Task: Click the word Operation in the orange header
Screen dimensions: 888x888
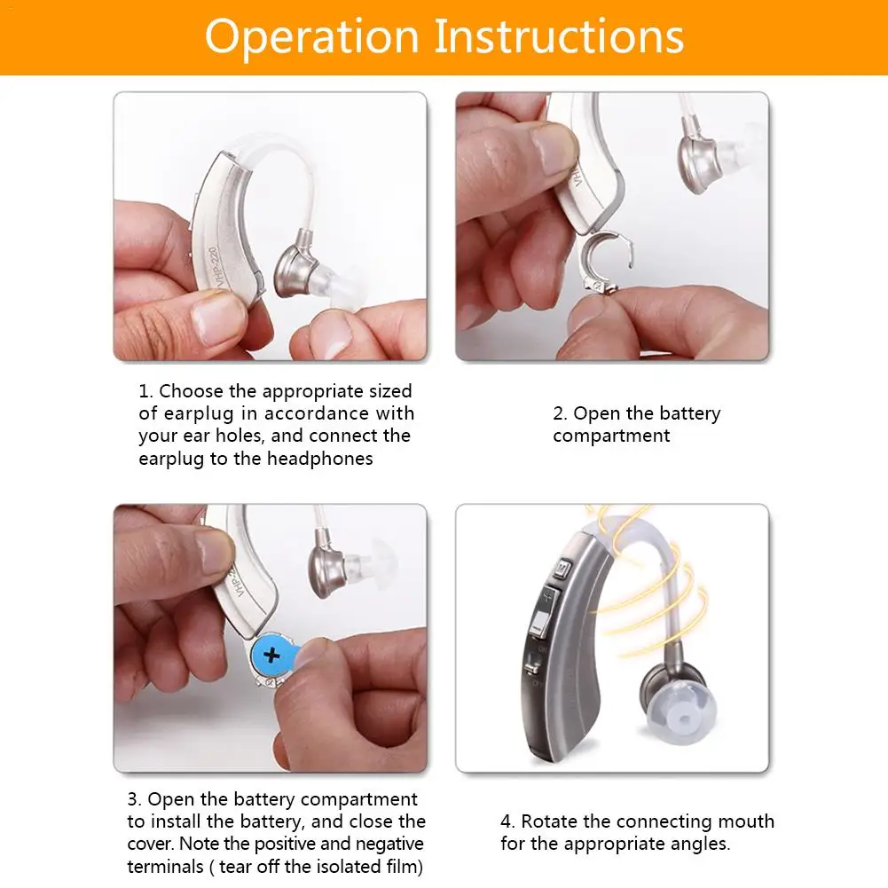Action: pos(311,37)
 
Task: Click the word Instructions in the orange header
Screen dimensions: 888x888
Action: pos(559,35)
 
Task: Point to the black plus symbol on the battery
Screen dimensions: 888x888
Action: pos(271,655)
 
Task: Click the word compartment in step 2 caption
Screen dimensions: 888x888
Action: pos(611,436)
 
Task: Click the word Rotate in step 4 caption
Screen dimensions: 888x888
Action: pos(549,821)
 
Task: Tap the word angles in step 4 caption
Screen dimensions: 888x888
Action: pos(703,845)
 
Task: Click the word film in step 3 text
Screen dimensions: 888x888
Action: pos(402,867)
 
